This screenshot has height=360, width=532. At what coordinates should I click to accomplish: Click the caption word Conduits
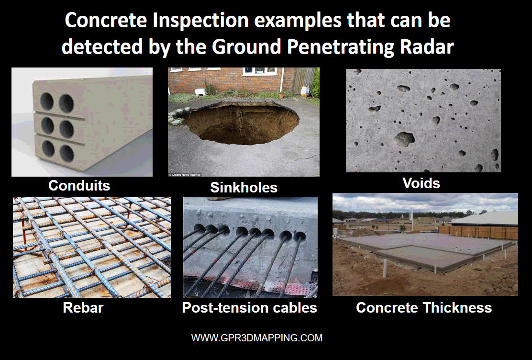pos(79,185)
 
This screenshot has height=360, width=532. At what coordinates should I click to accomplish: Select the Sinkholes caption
pos(244,188)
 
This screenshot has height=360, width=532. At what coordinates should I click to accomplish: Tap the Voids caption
pos(421,183)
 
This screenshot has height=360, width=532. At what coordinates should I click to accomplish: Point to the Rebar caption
pos(83,307)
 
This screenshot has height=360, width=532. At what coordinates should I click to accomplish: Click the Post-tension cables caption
pos(249,307)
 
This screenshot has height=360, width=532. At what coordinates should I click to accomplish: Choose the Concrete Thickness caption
pos(424,307)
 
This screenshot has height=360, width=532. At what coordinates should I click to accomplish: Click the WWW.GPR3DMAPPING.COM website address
pos(257,338)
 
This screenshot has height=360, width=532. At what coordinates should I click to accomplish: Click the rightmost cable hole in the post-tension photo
pos(299,236)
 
